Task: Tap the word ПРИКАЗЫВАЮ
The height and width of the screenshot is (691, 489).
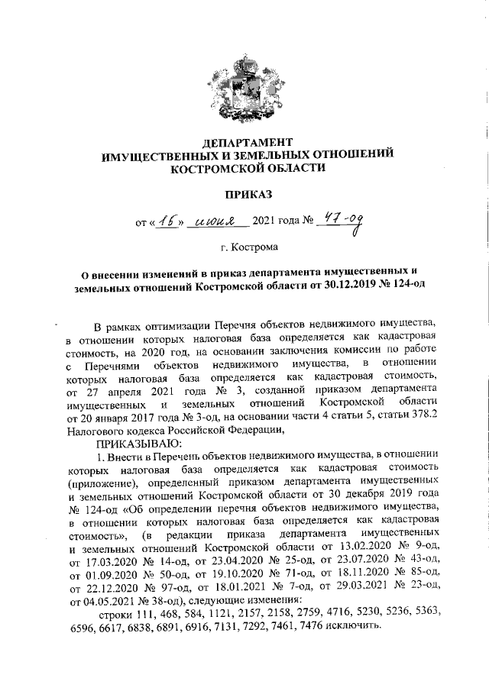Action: (138, 444)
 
